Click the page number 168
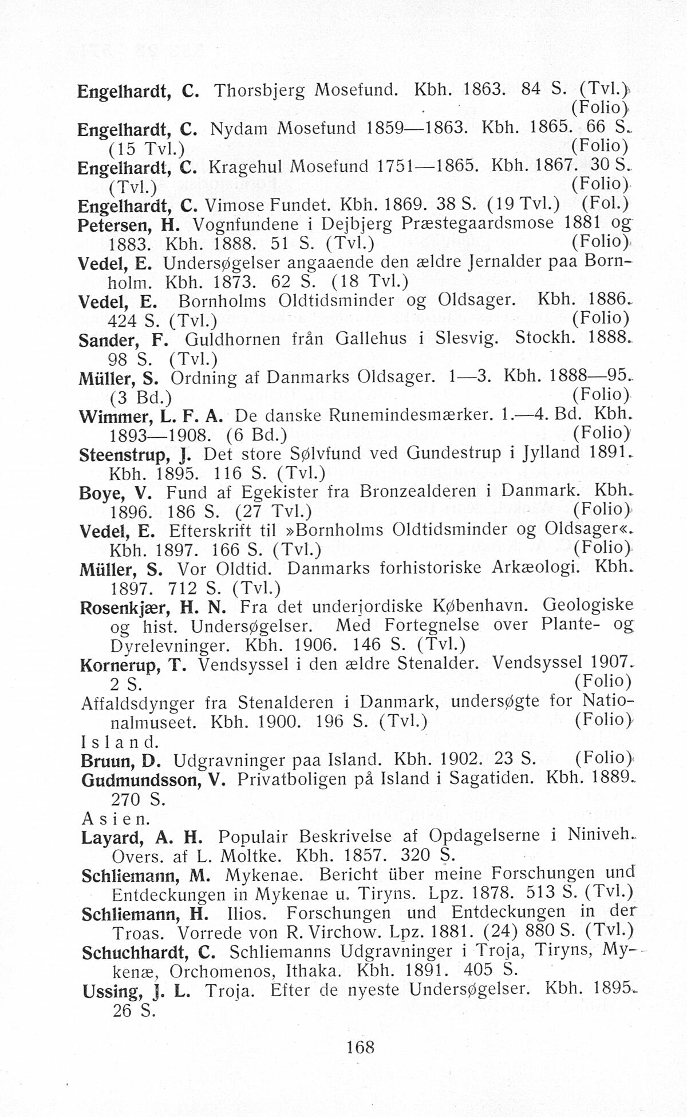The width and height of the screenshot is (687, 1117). point(360,1047)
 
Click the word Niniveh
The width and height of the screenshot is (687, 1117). point(597,835)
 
